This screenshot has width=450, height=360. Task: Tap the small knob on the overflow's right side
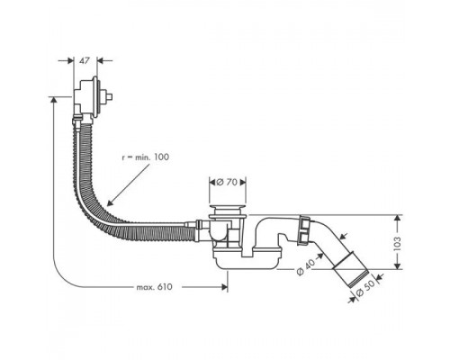[x=111, y=94]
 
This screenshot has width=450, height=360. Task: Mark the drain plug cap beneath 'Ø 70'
[x=225, y=212]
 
